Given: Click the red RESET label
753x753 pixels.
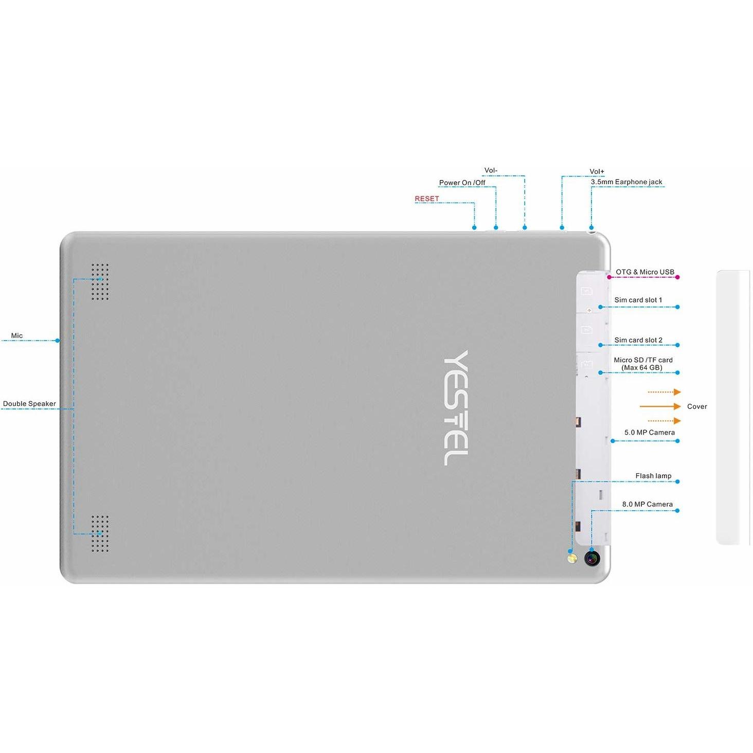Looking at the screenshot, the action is click(x=427, y=199).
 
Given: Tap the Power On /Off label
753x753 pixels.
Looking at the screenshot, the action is click(x=462, y=183).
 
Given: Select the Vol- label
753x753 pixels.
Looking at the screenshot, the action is click(x=491, y=170).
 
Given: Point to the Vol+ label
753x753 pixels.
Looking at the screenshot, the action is click(x=597, y=172).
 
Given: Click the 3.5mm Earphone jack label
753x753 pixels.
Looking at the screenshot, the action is click(x=626, y=182).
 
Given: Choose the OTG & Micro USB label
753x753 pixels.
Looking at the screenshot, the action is click(x=645, y=272).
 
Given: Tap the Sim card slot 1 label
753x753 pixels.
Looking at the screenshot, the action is click(x=638, y=300).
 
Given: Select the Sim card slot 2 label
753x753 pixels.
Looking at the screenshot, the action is click(x=638, y=340).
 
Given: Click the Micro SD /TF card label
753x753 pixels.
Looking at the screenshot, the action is click(x=643, y=360).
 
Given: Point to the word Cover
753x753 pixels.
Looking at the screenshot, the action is click(x=697, y=406).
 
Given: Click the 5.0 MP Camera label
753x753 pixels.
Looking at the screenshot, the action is click(x=650, y=432).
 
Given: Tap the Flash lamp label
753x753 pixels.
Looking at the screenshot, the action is click(x=653, y=476).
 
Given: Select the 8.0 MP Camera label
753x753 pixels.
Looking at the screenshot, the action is click(x=648, y=504).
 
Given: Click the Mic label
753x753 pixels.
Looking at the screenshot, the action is click(x=17, y=335).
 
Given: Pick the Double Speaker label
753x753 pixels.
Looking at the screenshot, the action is click(x=29, y=404).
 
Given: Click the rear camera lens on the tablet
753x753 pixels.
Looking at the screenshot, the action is click(x=592, y=558).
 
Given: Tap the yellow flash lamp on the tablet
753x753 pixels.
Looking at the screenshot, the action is click(x=571, y=558).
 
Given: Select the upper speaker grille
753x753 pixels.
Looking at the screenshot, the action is click(x=100, y=282).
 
